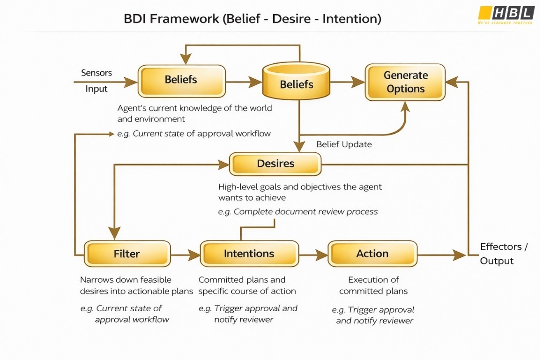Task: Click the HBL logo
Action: click(506, 13)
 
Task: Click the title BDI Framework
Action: click(252, 19)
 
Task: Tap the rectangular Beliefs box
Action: click(181, 81)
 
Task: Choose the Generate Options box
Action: click(405, 82)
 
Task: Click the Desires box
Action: click(275, 164)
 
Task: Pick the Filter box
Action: click(126, 254)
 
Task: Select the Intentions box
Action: click(249, 254)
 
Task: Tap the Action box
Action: click(372, 254)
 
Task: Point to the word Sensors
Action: click(97, 73)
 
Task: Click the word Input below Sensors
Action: click(97, 89)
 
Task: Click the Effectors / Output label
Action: click(503, 254)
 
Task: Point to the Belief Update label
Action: click(344, 144)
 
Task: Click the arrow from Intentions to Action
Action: click(313, 255)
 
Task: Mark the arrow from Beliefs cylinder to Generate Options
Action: click(347, 82)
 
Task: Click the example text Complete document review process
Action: click(298, 212)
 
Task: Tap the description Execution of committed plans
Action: click(373, 285)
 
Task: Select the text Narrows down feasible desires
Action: click(136, 285)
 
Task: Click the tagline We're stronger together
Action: click(505, 22)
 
